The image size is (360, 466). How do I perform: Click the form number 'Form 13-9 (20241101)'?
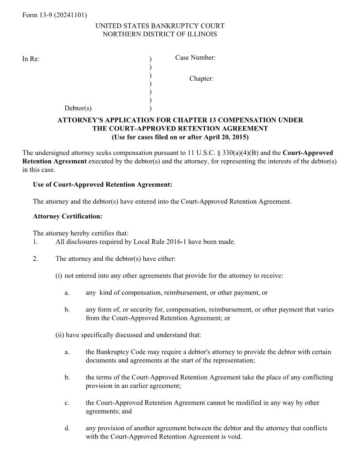[x=54, y=15]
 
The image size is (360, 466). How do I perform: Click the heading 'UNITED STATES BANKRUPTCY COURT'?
[x=160, y=26]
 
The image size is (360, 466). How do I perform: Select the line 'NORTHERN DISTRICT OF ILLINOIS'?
[x=160, y=34]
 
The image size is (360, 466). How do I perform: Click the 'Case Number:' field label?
[x=195, y=58]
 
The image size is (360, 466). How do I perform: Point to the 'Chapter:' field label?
[x=201, y=79]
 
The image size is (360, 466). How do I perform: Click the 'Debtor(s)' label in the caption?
[x=78, y=108]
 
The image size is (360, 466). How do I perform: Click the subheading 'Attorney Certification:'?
[x=67, y=217]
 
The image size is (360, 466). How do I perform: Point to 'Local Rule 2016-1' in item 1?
[x=146, y=242]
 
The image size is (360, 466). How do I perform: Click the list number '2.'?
[x=35, y=259]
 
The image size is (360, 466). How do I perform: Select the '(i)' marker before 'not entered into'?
[x=59, y=276]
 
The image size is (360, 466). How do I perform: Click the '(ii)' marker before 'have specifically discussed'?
[x=60, y=335]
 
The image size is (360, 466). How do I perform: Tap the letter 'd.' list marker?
[x=67, y=428]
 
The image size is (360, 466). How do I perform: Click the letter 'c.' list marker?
[x=67, y=403]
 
